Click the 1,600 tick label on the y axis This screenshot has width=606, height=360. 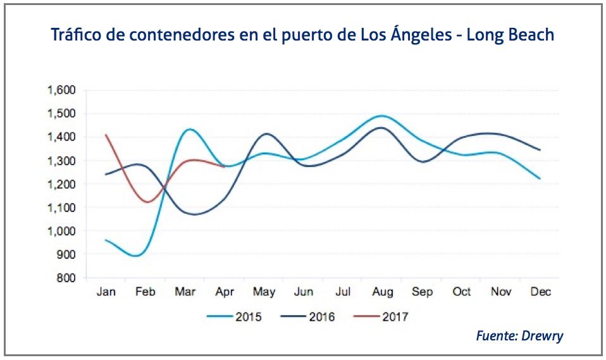(61, 90)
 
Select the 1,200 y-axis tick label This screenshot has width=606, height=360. (61, 184)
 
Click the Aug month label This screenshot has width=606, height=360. (383, 292)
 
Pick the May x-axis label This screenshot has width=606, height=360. (264, 292)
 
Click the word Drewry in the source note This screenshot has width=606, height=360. (542, 336)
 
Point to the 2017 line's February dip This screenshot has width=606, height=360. (147, 202)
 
